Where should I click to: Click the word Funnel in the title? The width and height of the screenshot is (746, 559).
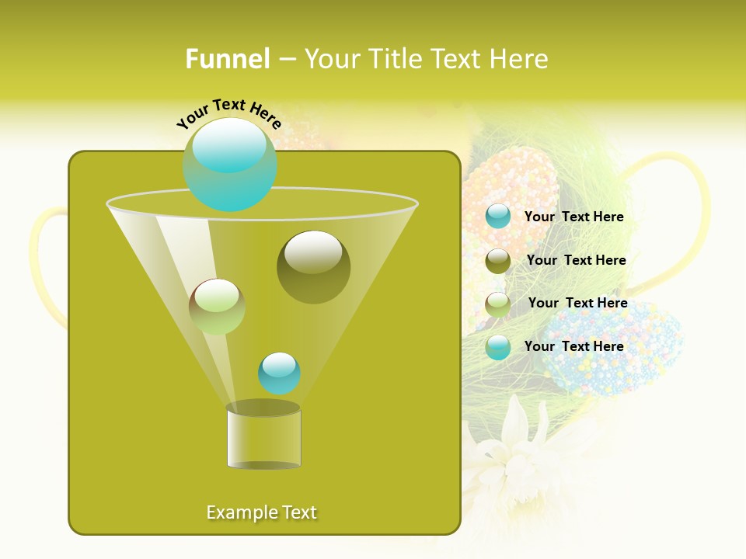coord(228,59)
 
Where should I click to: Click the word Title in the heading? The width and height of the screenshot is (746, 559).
coord(393,59)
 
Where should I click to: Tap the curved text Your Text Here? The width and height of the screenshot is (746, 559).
coord(229,113)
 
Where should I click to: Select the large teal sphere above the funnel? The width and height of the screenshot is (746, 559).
coord(230,165)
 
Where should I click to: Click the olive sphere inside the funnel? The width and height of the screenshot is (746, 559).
coord(313,267)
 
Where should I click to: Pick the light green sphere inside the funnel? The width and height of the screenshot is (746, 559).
coord(217,307)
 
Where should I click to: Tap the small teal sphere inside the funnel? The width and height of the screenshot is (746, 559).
coord(279,373)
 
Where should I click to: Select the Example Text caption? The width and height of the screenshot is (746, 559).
coord(262,512)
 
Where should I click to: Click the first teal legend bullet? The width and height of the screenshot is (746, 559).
coord(498,217)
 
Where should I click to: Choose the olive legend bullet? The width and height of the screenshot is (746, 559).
coord(498,261)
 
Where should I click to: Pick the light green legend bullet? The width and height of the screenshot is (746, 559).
coord(498,304)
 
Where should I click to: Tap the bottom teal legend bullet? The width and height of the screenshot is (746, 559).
coord(498,347)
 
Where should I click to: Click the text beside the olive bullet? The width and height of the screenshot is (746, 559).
coord(576,261)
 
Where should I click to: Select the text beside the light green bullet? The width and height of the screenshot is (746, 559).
coord(577,304)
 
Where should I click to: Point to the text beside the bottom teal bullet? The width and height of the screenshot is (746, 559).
coord(573,346)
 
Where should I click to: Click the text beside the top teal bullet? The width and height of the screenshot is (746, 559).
coord(573,217)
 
